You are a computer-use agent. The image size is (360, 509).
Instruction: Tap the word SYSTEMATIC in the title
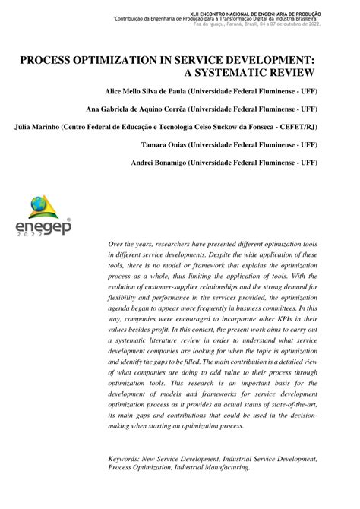pyautogui.click(x=242, y=71)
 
